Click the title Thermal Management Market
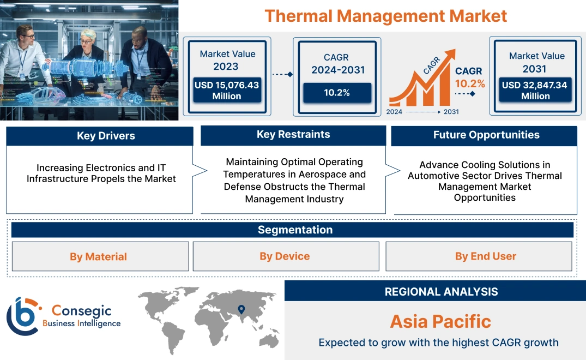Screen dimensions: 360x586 385,16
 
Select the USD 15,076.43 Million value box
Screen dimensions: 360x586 226,91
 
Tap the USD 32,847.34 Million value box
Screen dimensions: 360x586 535,91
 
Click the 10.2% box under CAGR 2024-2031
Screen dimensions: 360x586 337,93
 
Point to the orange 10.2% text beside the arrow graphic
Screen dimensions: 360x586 469,83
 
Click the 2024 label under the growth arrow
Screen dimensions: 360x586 395,112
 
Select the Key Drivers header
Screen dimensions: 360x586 99,136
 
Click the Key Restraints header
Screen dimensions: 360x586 293,135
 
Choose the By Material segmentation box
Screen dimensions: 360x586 99,256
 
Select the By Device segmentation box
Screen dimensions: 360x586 285,256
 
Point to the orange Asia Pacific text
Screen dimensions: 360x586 440,321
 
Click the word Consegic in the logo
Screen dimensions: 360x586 82,311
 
